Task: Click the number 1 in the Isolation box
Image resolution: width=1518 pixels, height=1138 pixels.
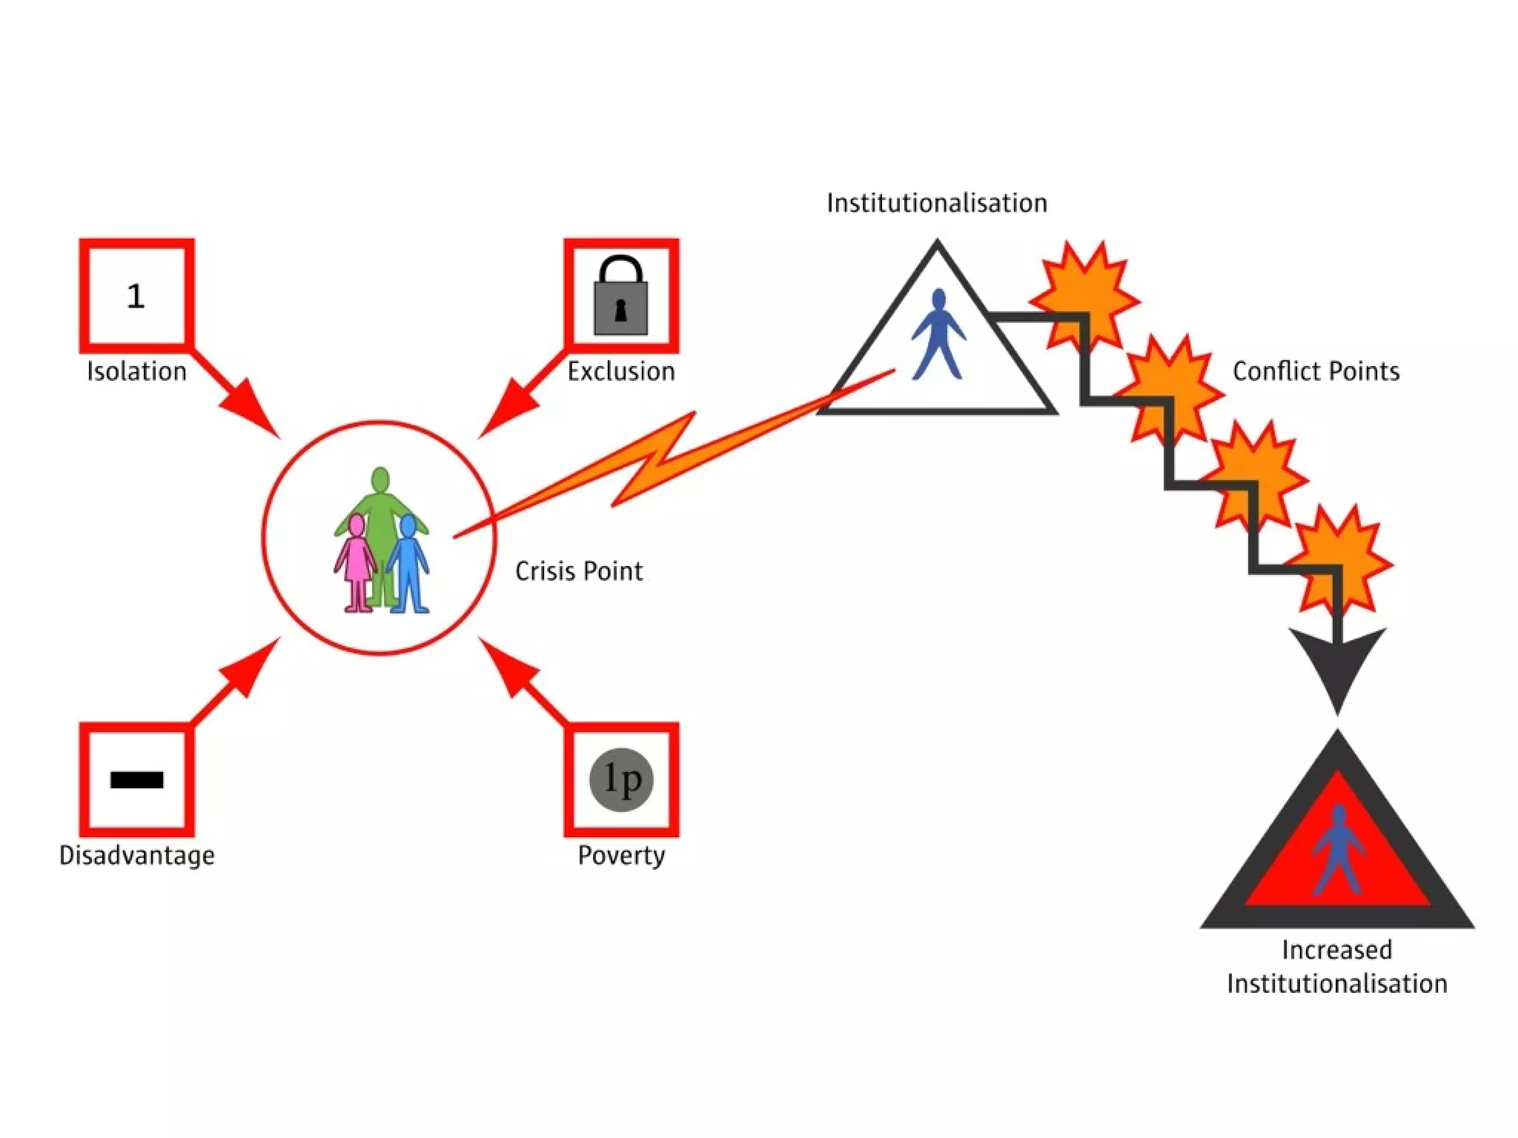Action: tap(136, 296)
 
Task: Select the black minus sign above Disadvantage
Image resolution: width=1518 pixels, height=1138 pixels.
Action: tap(136, 779)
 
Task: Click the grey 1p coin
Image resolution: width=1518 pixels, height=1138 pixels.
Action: tap(621, 779)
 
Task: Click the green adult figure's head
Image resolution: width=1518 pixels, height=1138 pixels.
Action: tap(380, 479)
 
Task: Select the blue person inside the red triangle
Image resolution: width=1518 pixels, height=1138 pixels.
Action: tap(1338, 852)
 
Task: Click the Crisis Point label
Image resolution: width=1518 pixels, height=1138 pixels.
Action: tap(579, 571)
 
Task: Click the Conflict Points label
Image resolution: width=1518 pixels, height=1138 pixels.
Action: tap(1316, 371)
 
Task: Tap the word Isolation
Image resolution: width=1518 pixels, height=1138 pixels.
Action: tap(136, 371)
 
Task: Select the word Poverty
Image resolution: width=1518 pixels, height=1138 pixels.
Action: tap(621, 856)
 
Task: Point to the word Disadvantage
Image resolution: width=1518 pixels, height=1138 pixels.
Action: tap(136, 856)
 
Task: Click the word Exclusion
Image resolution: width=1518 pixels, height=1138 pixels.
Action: tap(621, 371)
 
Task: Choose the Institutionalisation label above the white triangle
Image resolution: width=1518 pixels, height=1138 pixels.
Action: tap(937, 203)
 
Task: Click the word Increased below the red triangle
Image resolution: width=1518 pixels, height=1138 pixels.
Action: tap(1336, 950)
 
